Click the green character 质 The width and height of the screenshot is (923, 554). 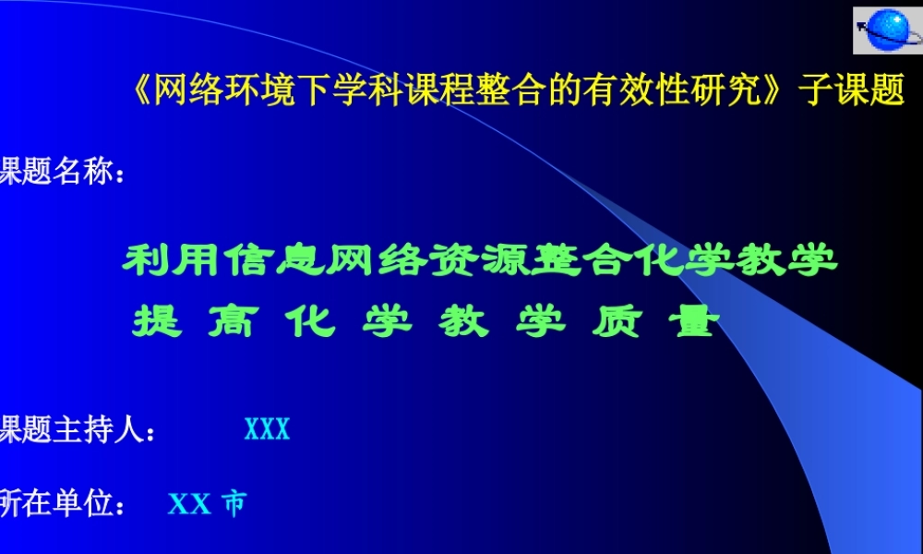(614, 322)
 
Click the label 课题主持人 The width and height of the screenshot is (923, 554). (74, 428)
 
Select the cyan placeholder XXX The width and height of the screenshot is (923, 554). (267, 429)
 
